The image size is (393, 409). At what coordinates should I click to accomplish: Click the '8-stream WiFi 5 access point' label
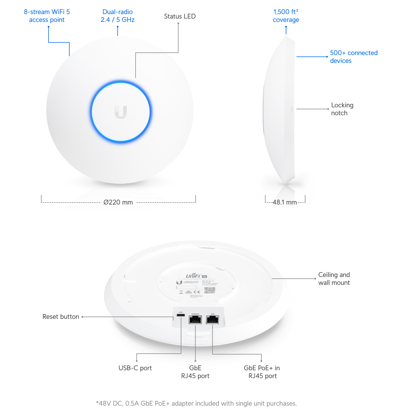(x=47, y=16)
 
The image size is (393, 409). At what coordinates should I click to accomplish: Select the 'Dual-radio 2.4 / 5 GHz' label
(x=118, y=16)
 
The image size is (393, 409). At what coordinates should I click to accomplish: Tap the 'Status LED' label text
(x=180, y=16)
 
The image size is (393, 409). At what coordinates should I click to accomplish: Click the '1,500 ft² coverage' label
(x=286, y=16)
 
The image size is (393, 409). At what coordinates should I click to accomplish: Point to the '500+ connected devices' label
(x=353, y=57)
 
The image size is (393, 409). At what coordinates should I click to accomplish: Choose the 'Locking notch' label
(x=342, y=109)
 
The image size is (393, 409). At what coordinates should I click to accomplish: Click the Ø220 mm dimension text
(x=118, y=202)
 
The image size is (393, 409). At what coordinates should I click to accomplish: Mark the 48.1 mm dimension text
(x=285, y=202)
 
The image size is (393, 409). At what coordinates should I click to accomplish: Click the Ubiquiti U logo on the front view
(x=121, y=112)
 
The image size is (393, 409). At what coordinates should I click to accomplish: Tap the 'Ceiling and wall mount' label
(x=334, y=279)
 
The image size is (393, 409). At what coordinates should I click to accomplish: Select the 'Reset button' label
(x=61, y=317)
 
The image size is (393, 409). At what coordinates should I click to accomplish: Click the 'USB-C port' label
(x=135, y=368)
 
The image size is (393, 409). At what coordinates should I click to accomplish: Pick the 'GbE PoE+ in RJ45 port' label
(x=262, y=372)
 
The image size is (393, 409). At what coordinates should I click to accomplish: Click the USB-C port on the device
(x=181, y=315)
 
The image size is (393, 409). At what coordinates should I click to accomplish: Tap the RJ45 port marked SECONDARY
(x=195, y=319)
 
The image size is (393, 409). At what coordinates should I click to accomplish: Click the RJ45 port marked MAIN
(x=213, y=319)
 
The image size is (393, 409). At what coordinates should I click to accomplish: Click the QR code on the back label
(x=210, y=290)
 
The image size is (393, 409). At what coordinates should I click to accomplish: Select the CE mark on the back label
(x=197, y=292)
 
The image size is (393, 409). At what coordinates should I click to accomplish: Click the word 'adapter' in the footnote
(x=183, y=403)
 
